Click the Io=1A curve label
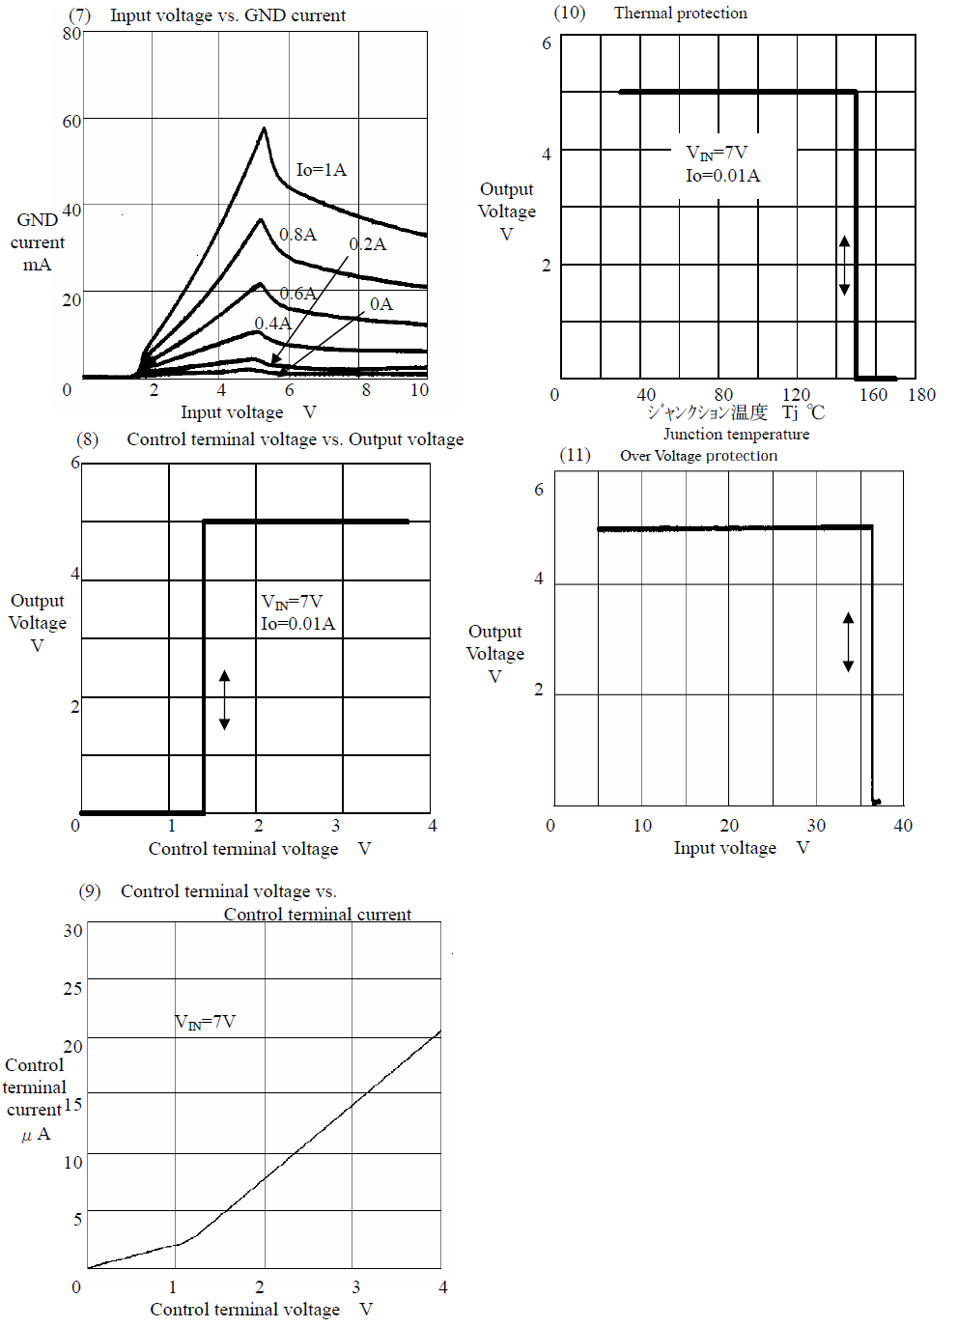tap(322, 170)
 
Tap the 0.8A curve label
tap(298, 235)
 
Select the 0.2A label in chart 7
tap(367, 244)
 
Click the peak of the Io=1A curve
tap(265, 127)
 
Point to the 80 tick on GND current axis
tap(72, 34)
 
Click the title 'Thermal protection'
tap(681, 13)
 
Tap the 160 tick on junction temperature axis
tap(873, 395)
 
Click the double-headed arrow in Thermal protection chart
tap(844, 266)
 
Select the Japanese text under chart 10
tap(707, 411)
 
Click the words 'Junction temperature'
tap(736, 435)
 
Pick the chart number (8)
tap(88, 439)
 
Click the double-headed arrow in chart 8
tap(225, 700)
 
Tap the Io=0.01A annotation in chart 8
tap(298, 624)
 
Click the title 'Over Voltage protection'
tap(698, 456)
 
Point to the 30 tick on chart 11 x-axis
tap(816, 825)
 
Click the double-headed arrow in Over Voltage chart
tap(849, 642)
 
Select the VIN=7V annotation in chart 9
tap(205, 1023)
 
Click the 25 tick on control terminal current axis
tap(72, 988)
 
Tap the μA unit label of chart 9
tap(36, 1134)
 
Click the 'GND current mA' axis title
tap(37, 242)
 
